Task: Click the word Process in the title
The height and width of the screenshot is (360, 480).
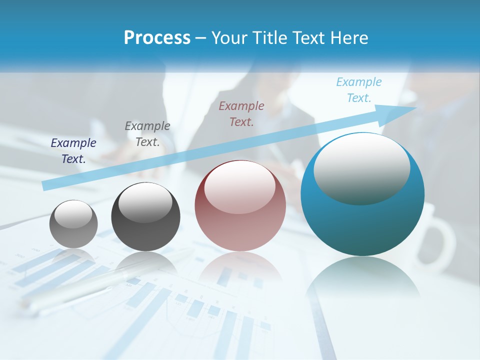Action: pos(157,38)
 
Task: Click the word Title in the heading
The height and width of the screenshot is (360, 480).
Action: pos(270,38)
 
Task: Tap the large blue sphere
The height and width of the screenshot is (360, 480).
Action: pos(362,220)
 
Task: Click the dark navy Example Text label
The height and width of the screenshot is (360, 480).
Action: pos(73,150)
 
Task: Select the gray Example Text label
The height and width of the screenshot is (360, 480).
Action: pos(147,133)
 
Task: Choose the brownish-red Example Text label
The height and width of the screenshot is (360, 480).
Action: pos(241,113)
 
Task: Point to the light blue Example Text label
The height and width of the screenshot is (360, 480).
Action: pos(359,89)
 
